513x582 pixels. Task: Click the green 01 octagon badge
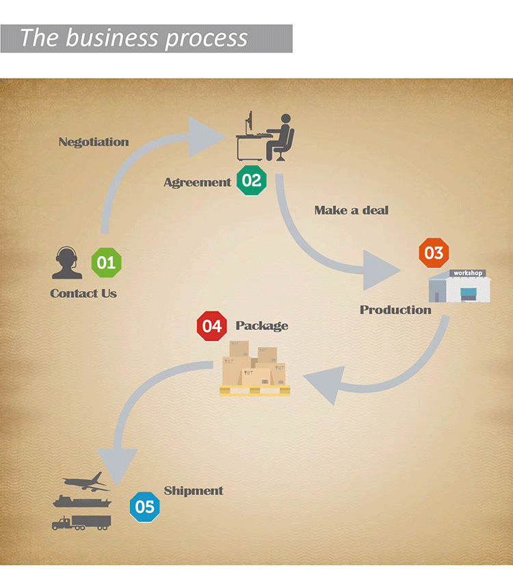(106, 262)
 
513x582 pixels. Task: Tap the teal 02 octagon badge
(252, 181)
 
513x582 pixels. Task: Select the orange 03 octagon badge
(434, 253)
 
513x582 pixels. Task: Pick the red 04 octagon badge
(212, 327)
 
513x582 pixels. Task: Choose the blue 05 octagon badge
(145, 507)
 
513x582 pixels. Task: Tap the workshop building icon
(460, 286)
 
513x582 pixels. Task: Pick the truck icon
(81, 522)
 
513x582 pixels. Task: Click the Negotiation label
(94, 142)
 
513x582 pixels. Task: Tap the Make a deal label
(351, 210)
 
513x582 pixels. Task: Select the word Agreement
(197, 182)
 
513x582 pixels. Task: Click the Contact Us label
(83, 294)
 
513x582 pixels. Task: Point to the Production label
(395, 310)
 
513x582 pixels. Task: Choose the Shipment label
(194, 491)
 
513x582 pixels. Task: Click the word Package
(262, 326)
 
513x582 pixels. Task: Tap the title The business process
(133, 38)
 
